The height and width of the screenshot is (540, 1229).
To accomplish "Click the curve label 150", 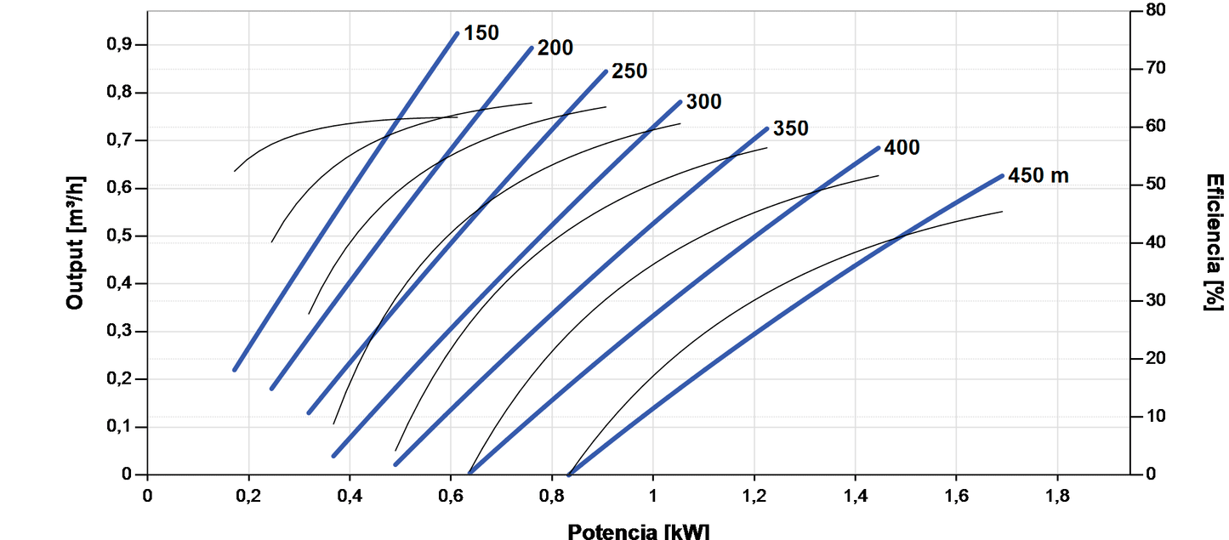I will click(481, 33).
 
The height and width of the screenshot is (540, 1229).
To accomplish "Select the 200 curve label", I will click(555, 48).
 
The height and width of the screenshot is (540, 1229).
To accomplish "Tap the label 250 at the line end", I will click(629, 71).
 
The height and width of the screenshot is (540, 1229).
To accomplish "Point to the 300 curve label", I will click(703, 102).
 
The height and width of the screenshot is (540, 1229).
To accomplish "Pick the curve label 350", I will click(790, 129).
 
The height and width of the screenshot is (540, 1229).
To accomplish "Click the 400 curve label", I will click(902, 148).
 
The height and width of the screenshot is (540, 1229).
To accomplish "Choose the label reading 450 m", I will click(1038, 176).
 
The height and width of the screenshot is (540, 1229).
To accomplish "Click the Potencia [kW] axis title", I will click(638, 531).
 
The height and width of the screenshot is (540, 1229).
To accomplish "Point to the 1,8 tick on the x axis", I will click(1057, 496).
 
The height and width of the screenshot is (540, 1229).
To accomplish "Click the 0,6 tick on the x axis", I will click(450, 496).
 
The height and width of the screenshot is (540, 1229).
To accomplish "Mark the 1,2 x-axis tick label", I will click(754, 496).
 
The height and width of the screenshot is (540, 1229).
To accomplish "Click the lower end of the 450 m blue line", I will click(571, 473).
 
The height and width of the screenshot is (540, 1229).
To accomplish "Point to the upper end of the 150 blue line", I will click(457, 34).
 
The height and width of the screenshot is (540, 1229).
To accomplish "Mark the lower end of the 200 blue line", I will click(272, 388).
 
